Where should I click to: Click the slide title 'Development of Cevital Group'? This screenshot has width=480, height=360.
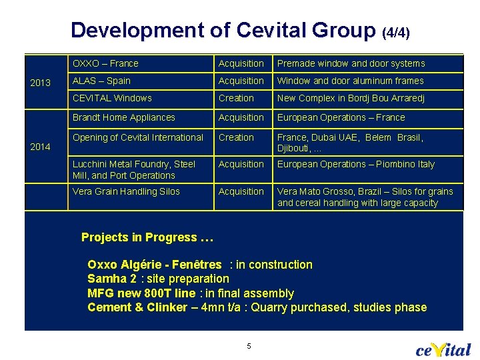223,30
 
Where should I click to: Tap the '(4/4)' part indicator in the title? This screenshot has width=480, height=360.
396,32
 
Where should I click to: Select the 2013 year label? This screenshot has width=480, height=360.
41,83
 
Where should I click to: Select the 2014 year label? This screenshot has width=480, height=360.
41,147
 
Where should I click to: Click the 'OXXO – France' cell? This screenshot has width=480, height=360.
105,64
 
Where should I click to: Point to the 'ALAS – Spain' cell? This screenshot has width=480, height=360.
101,81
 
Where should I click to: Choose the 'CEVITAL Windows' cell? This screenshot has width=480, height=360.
112,99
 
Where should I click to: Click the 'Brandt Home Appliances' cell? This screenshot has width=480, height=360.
123,118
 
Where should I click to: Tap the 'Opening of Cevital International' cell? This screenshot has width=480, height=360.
137,138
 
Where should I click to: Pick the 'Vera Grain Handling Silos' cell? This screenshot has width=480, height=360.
126,192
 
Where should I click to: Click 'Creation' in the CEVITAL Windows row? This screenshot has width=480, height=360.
236,99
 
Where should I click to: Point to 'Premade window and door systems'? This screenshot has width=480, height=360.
351,64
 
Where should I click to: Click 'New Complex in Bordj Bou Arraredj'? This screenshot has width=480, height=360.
351,99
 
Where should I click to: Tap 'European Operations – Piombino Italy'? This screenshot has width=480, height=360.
355,165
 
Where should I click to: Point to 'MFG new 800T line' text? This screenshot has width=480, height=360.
141,293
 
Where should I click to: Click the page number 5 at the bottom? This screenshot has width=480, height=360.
249,346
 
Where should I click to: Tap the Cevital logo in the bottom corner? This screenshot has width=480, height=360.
443,349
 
